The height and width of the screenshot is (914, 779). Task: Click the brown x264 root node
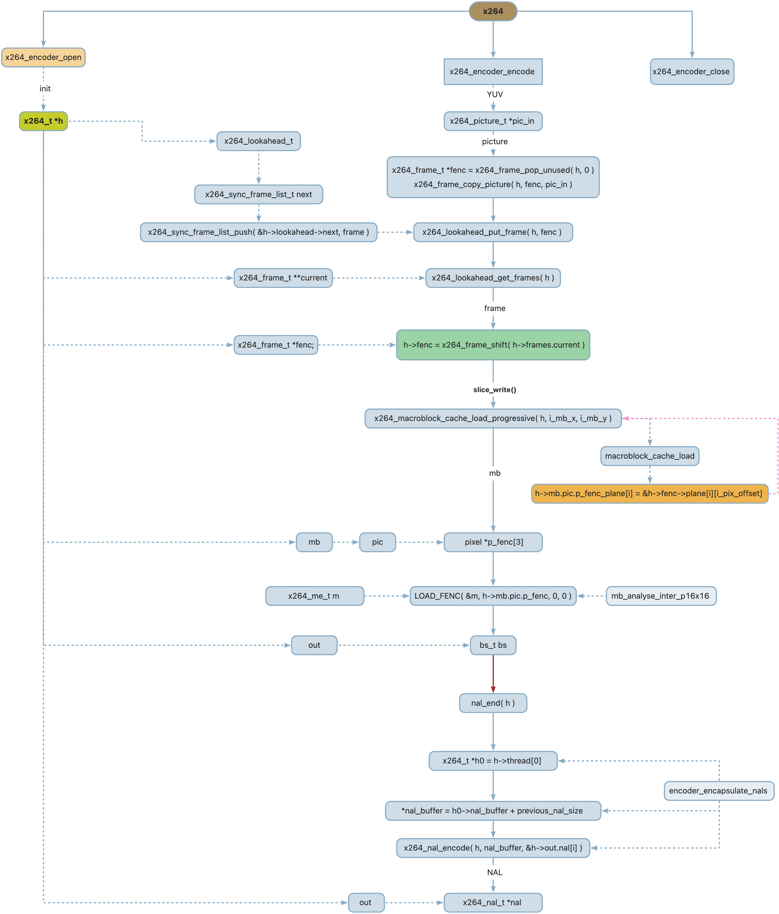pyautogui.click(x=493, y=11)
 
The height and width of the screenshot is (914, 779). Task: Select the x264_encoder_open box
pyautogui.click(x=43, y=57)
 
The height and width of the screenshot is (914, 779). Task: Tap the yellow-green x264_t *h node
pyautogui.click(x=43, y=121)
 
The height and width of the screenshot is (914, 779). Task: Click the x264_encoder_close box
pyautogui.click(x=691, y=71)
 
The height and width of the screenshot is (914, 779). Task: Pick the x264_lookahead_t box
pyautogui.click(x=258, y=141)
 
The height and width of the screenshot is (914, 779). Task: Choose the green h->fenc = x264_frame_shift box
pyautogui.click(x=493, y=345)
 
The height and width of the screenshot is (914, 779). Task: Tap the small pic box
pyautogui.click(x=377, y=542)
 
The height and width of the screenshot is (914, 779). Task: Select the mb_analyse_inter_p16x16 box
pyautogui.click(x=660, y=596)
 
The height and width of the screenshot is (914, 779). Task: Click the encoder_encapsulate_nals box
pyautogui.click(x=718, y=791)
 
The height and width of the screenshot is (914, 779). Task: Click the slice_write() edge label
pyautogui.click(x=494, y=390)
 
